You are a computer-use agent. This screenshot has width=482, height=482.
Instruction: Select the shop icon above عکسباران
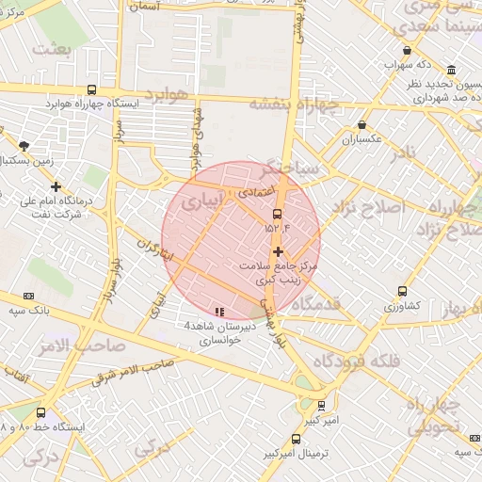pos(362,125)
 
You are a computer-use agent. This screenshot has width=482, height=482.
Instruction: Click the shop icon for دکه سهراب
pos(406,51)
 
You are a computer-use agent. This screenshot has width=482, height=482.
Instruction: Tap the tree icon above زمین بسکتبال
pos(24,146)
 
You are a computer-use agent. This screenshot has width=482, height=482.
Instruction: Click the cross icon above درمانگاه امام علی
pos(56,186)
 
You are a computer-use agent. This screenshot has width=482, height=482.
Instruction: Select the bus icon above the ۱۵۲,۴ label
pos(276,214)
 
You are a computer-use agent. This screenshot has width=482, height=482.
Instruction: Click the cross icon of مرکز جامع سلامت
pos(277,251)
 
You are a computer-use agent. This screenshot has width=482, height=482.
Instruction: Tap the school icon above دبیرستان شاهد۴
pos(219,312)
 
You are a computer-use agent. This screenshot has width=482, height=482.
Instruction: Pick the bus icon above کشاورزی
pos(402,292)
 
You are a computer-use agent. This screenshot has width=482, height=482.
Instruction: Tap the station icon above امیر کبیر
pos(322,406)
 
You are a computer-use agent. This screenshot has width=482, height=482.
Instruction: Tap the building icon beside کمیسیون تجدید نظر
pos(452,70)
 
